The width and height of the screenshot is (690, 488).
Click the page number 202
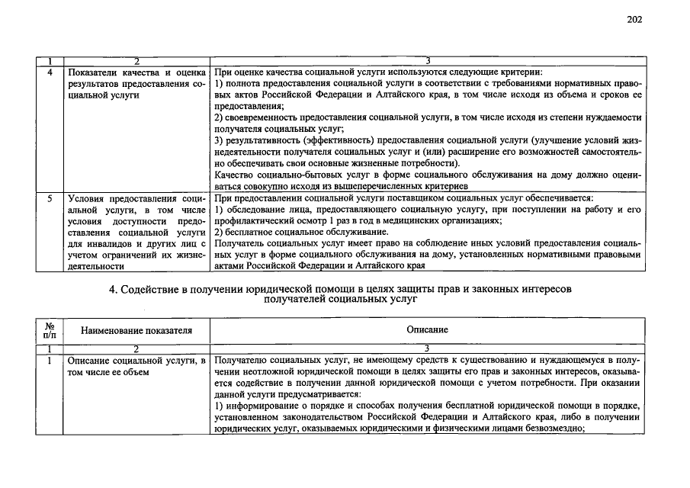tap(634, 20)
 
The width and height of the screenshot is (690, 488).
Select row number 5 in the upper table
tap(50, 198)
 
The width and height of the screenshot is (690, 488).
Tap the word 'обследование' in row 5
tap(253, 210)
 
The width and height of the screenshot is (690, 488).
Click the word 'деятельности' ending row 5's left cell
tap(95, 267)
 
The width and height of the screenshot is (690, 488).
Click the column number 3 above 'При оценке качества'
tap(428, 60)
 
